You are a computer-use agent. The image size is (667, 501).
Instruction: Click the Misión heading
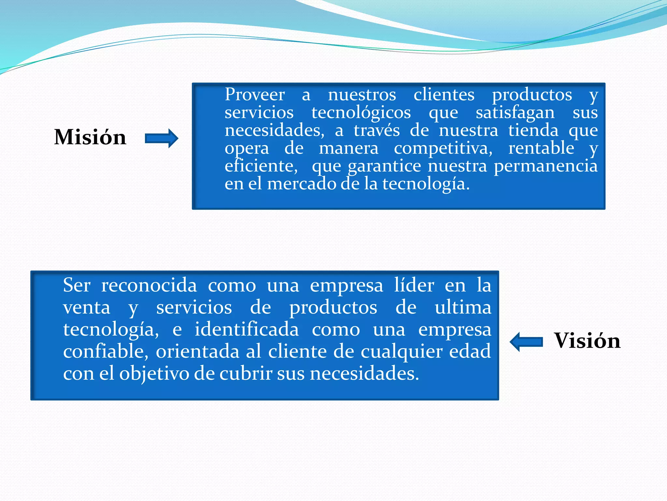(90, 137)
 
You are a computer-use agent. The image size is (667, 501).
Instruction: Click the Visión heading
(587, 341)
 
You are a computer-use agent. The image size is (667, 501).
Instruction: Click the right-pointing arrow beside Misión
(162, 138)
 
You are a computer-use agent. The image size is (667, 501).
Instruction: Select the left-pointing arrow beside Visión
(526, 342)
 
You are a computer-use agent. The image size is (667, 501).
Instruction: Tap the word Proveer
(255, 95)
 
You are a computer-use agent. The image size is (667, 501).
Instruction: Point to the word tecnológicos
(361, 113)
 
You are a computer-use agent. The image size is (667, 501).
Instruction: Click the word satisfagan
(515, 113)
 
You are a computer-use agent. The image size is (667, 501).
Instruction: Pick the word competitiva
(443, 148)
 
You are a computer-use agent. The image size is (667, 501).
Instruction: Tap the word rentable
(541, 148)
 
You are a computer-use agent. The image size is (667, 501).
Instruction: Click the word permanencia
(546, 166)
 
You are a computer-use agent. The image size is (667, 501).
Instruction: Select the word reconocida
(149, 285)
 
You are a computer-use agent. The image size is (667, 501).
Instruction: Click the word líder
(414, 285)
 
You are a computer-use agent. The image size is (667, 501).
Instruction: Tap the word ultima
(463, 308)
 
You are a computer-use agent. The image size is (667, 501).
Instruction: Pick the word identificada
(247, 329)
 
